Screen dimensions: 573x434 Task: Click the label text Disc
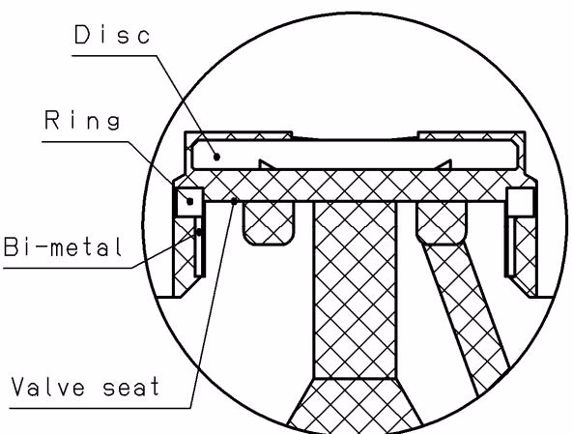tap(112, 35)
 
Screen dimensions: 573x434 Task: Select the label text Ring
tap(82, 120)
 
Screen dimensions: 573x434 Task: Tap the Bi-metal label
tap(62, 246)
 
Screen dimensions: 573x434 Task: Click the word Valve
tap(48, 386)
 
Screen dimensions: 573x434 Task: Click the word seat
tap(131, 388)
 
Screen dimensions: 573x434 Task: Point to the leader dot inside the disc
tap(217, 157)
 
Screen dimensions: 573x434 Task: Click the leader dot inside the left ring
tap(190, 201)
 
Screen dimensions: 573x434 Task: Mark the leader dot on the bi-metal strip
tap(199, 232)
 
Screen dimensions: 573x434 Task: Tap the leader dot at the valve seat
tap(234, 201)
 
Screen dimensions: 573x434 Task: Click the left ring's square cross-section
tap(189, 202)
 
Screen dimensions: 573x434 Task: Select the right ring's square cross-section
tap(520, 202)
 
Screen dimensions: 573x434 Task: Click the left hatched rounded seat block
tap(269, 223)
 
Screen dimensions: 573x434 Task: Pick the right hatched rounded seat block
tap(442, 222)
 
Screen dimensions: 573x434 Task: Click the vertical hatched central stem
tap(355, 290)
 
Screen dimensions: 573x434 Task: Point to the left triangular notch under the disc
tap(266, 164)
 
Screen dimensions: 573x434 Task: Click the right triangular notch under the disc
tap(444, 164)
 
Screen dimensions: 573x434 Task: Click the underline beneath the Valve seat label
tap(100, 408)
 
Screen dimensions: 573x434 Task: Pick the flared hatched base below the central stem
tap(355, 406)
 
